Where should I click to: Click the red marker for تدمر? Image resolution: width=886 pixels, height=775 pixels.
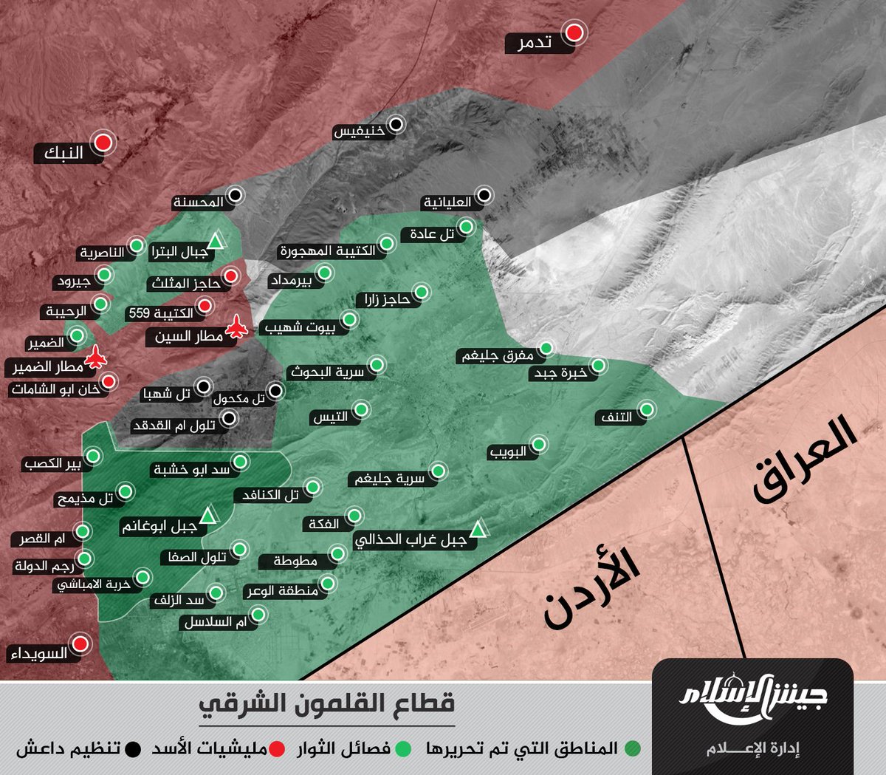(574, 33)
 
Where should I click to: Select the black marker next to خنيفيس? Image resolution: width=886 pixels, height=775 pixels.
(396, 124)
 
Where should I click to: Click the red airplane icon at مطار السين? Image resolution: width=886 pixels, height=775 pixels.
(237, 327)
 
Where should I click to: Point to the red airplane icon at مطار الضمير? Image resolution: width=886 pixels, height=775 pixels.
(95, 358)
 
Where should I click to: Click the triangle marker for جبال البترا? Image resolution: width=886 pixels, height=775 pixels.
(215, 241)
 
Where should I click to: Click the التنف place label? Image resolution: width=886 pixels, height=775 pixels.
(617, 417)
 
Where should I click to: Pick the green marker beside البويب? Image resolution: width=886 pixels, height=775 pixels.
(539, 444)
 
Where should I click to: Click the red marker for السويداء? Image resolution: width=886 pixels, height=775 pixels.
(80, 643)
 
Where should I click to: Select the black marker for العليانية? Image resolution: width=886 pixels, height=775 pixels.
(484, 195)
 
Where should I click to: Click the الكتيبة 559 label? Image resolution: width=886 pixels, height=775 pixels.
(161, 313)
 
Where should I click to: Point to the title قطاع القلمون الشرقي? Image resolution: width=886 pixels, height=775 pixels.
(327, 703)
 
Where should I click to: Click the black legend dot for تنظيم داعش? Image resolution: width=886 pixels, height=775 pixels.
(133, 748)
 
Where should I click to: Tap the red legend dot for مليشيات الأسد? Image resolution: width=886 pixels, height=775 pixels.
(277, 748)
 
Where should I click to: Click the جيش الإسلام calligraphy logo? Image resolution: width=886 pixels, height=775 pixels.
(752, 698)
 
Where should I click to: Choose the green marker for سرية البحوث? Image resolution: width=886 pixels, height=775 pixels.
(376, 364)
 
